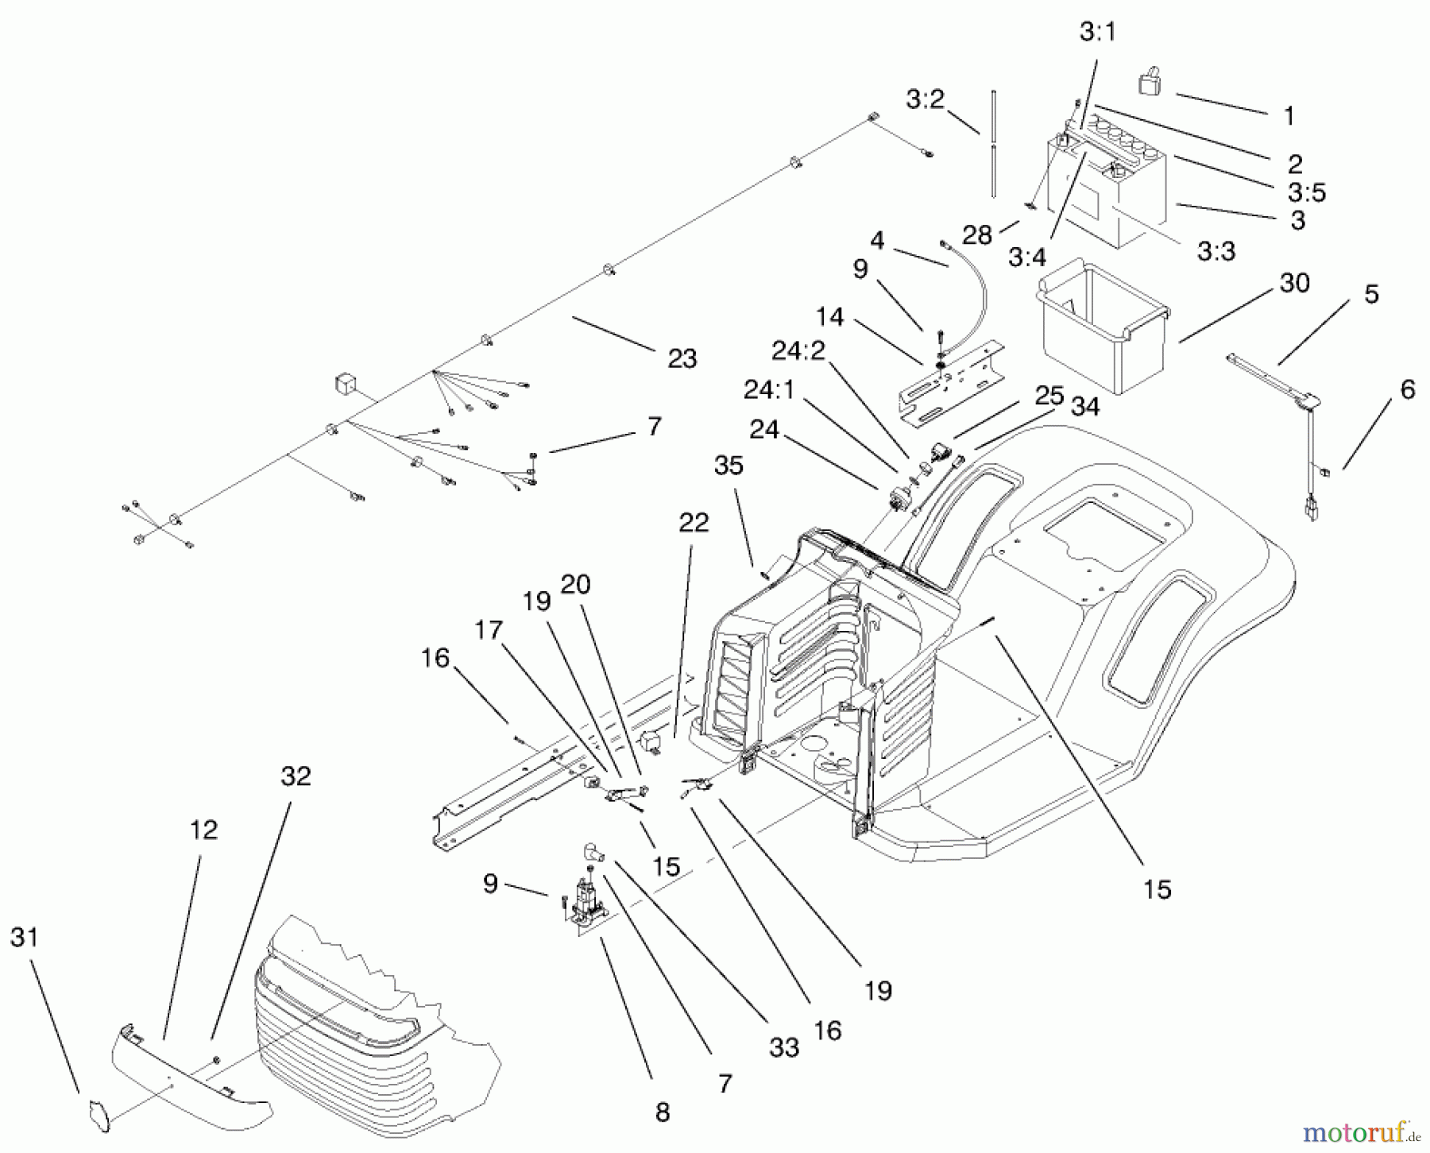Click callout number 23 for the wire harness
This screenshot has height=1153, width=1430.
(x=682, y=358)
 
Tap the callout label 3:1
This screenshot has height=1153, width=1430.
(x=1098, y=32)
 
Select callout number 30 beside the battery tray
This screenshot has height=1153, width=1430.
(x=1295, y=283)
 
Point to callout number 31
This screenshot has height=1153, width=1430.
(x=24, y=938)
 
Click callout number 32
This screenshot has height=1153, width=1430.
(x=296, y=776)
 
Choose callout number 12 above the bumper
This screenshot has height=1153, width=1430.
(x=203, y=830)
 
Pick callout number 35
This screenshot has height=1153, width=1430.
(x=728, y=465)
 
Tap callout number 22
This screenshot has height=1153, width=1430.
(x=693, y=523)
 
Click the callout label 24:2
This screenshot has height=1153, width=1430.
(x=798, y=350)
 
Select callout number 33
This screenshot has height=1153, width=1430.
(x=783, y=1048)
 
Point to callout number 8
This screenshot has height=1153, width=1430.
(x=663, y=1113)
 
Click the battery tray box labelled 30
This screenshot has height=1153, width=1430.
(x=1100, y=326)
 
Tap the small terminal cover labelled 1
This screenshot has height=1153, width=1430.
(x=1149, y=83)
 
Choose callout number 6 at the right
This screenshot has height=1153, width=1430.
(x=1407, y=389)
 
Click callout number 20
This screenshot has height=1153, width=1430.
(x=575, y=585)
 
